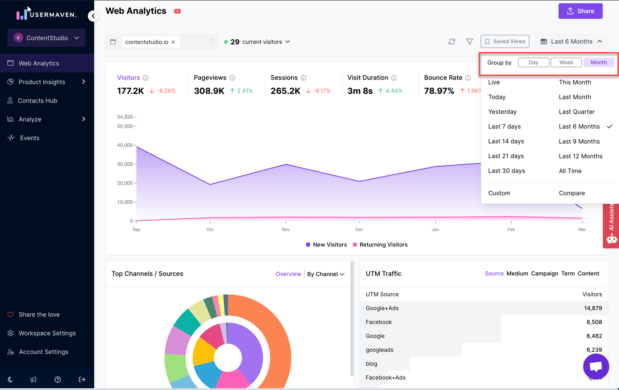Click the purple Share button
point(580,11)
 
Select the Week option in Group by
point(566,62)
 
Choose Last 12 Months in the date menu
point(580,156)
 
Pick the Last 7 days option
point(504,127)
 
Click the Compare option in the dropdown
point(571,193)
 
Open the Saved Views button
point(505,41)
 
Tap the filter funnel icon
point(469,41)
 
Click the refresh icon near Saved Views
point(452,41)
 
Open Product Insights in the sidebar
point(42,82)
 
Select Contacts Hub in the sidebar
point(37,100)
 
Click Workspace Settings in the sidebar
point(47,333)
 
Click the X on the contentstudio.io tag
point(173,42)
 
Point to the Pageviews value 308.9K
point(209,91)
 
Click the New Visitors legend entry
point(326,245)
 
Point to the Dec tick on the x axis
point(359,230)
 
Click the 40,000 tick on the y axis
point(125,145)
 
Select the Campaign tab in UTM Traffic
point(544,274)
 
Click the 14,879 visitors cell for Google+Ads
point(593,308)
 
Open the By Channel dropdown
point(326,274)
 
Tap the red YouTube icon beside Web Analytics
point(177,11)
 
